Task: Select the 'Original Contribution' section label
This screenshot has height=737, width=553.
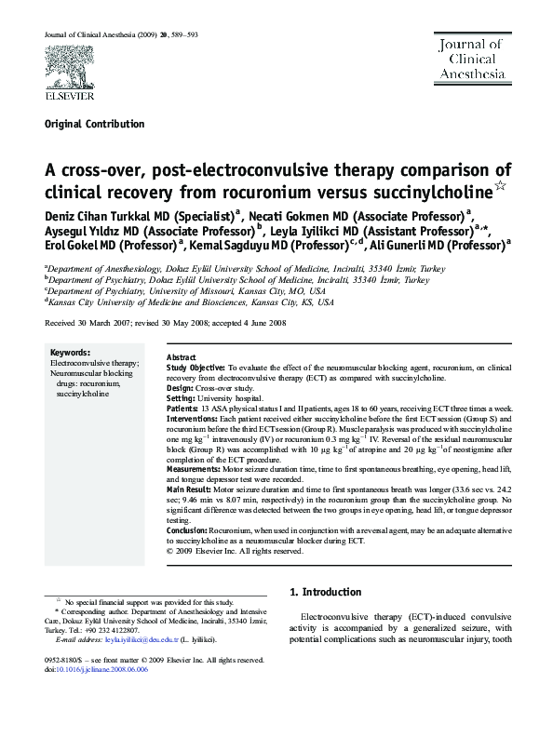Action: (95, 124)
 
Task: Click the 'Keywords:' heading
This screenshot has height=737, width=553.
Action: (70, 354)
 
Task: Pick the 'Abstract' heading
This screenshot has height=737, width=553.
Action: (181, 358)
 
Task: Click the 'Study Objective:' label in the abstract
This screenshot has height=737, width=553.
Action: (196, 368)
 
